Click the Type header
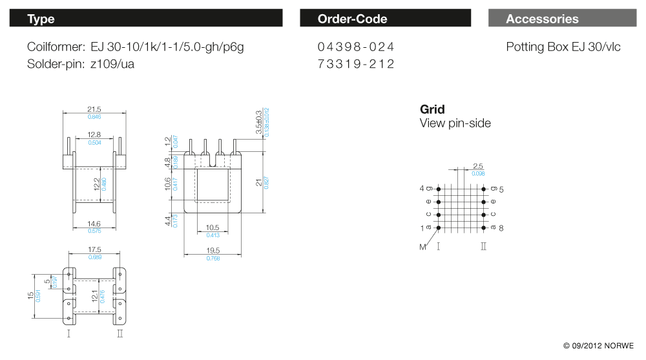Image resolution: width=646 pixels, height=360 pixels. point(41,19)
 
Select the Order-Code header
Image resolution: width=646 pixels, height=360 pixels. point(352,19)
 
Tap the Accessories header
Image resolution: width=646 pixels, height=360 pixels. point(542,19)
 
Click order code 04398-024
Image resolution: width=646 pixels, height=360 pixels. point(355,47)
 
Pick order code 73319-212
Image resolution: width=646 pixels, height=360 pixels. point(355,64)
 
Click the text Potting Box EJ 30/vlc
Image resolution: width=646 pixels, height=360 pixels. point(563,47)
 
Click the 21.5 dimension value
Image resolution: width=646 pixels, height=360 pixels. point(94,109)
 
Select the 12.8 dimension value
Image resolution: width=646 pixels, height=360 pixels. point(94,134)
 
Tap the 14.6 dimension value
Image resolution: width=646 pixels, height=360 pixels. point(94,223)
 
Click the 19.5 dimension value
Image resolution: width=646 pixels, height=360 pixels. point(213,251)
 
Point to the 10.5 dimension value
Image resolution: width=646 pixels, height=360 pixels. point(213,228)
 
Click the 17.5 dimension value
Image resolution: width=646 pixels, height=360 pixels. point(94,249)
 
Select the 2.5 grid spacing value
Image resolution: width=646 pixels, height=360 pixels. point(478,167)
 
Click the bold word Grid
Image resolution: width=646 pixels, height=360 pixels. point(432,109)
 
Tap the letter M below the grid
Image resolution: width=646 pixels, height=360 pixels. point(423,247)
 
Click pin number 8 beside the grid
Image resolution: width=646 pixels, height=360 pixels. point(501,228)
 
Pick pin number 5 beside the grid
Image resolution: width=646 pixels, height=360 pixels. point(501,189)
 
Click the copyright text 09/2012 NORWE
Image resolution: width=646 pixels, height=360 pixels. point(599,346)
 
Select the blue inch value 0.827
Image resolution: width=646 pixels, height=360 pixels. point(266,183)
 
